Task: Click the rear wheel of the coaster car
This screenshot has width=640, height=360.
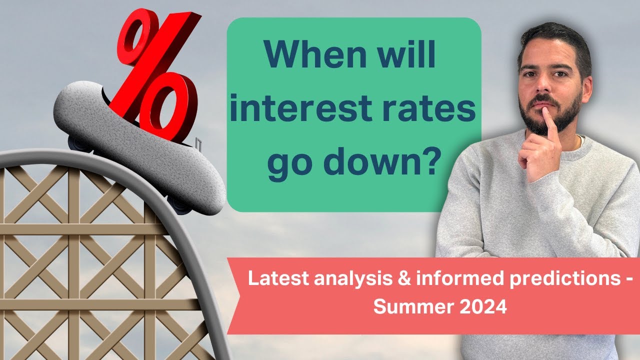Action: point(79,143)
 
